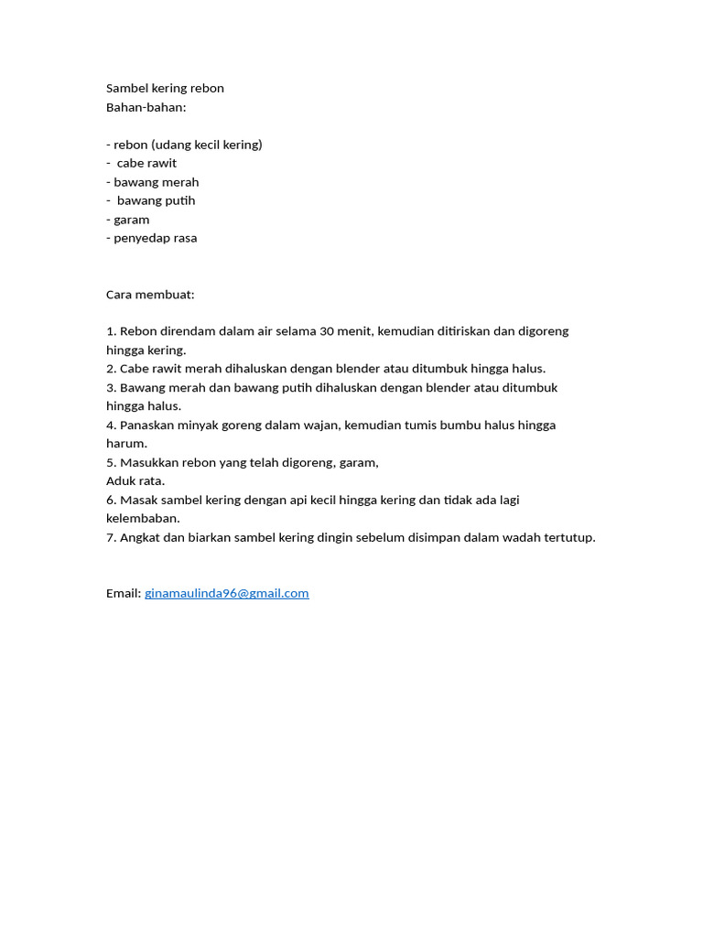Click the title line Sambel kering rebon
click(x=165, y=89)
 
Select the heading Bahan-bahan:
click(x=146, y=107)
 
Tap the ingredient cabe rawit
click(x=146, y=163)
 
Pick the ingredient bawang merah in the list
click(x=156, y=182)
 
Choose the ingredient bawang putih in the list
click(x=156, y=200)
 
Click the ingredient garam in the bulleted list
click(x=131, y=220)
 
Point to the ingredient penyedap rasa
click(x=155, y=238)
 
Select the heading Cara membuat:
click(x=150, y=295)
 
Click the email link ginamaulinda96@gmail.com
click(x=226, y=593)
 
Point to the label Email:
click(x=124, y=593)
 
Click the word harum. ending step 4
click(x=126, y=444)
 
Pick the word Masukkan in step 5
click(x=148, y=462)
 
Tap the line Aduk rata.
click(x=135, y=481)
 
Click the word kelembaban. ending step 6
click(x=143, y=519)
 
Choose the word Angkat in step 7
click(x=140, y=537)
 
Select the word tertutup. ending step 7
click(x=568, y=537)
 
